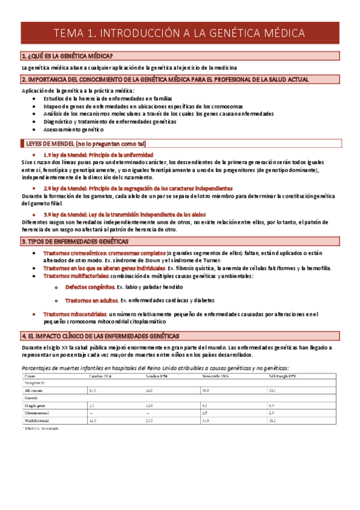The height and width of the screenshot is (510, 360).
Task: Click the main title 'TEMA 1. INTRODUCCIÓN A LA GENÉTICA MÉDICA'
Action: point(180,34)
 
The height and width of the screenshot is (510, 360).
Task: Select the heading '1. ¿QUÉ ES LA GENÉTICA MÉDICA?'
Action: point(71,56)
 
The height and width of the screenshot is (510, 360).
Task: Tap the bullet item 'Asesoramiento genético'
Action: point(73,129)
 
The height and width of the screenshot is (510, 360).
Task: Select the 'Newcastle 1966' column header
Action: point(216,376)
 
